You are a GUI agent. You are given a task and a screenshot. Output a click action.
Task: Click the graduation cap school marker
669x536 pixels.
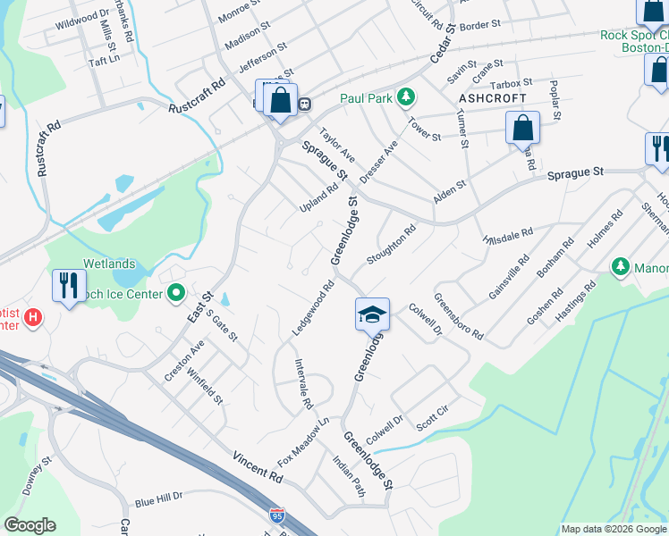point(372,315)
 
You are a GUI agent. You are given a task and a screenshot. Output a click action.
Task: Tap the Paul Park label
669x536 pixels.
point(367,97)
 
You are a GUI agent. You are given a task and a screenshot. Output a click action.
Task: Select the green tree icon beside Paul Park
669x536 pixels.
point(406,96)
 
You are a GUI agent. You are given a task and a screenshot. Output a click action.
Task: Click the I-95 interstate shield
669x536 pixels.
point(278,515)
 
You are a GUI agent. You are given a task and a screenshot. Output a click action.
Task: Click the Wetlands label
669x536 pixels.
point(109,264)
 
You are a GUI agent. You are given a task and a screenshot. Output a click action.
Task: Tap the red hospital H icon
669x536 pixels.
point(33,316)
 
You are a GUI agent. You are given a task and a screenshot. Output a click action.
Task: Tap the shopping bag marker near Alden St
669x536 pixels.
point(522,127)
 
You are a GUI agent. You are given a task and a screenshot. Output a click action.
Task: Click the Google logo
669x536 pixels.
point(30,525)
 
